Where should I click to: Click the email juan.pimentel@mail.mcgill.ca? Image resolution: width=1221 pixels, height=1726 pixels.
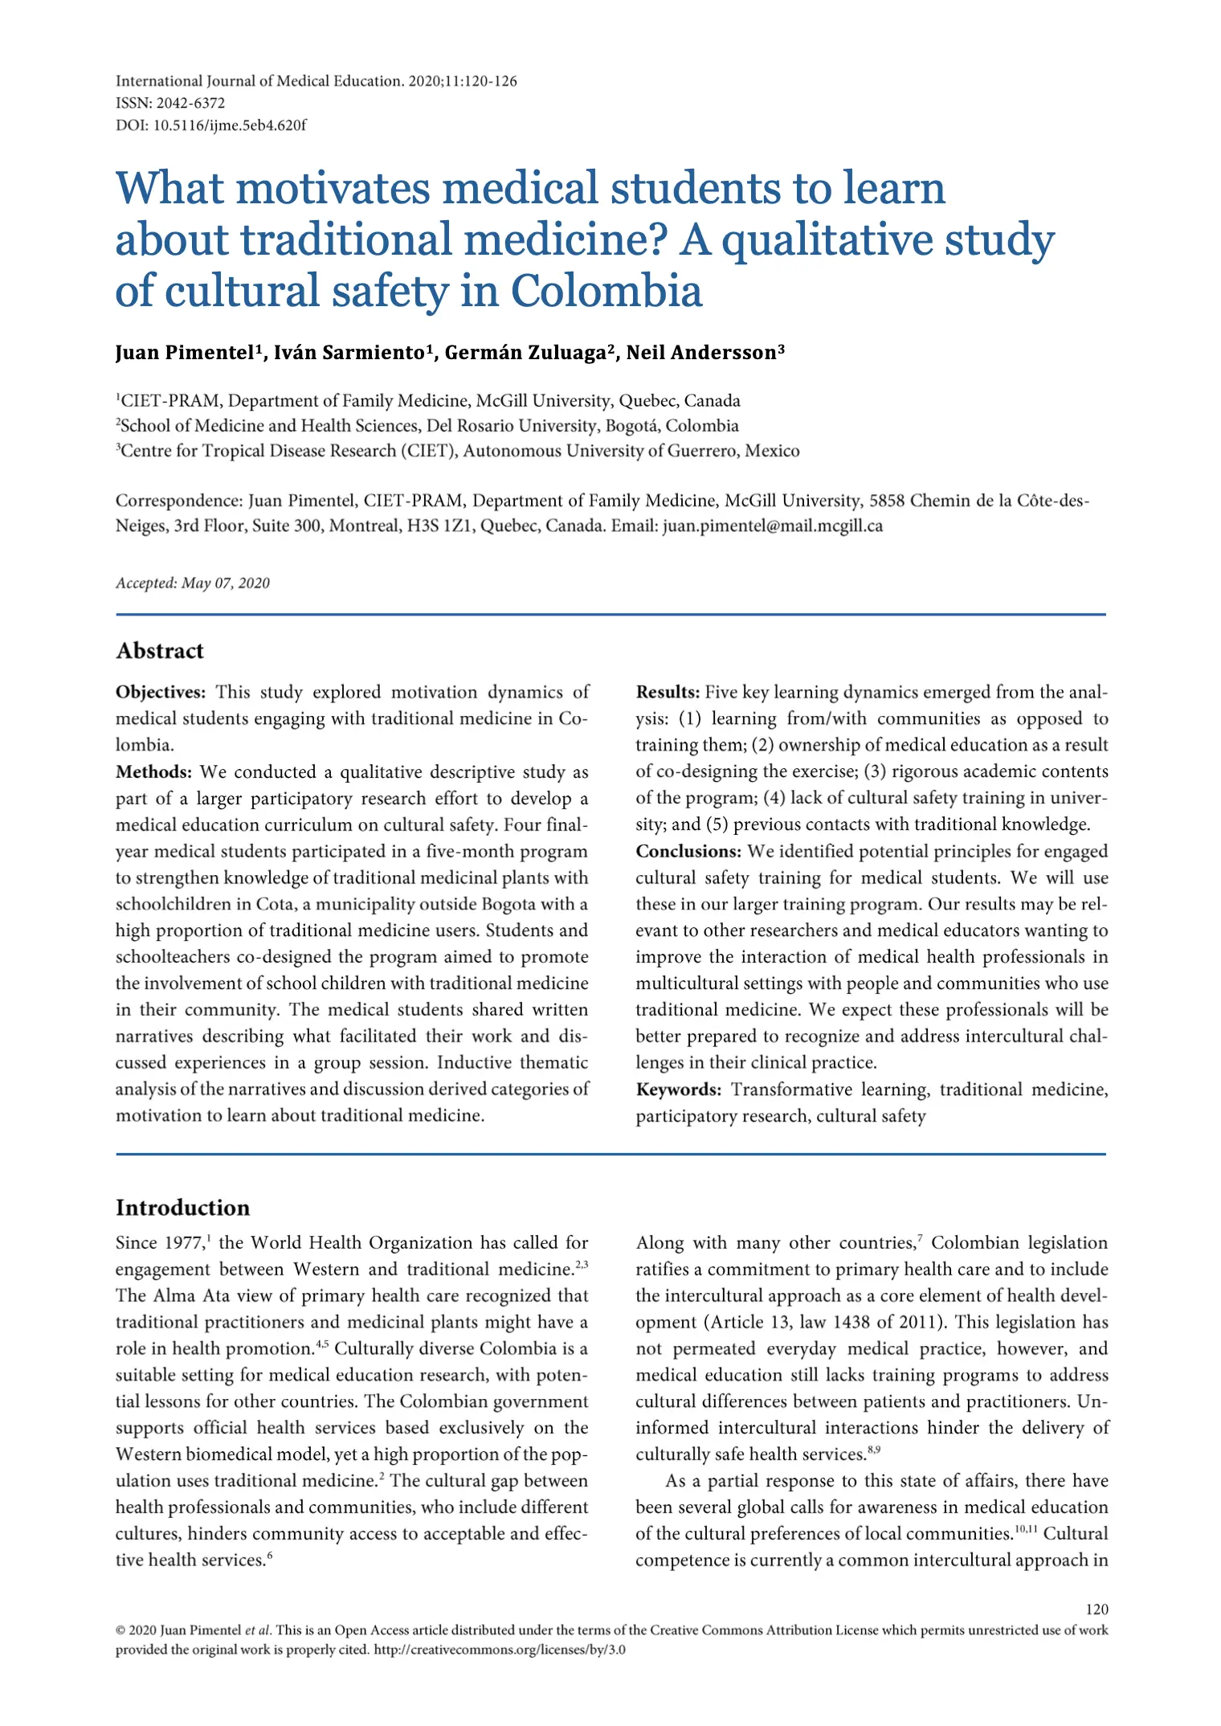coord(772,526)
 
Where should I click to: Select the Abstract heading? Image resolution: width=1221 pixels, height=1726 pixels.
coord(160,650)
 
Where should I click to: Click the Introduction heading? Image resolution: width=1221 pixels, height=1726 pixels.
coord(183,1208)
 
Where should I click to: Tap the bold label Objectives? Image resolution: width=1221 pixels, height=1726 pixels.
coord(161,692)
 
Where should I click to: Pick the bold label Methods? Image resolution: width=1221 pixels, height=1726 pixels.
coord(154,771)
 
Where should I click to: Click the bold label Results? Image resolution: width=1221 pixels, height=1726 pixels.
coord(668,692)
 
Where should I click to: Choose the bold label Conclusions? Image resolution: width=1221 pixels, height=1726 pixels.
coord(688,851)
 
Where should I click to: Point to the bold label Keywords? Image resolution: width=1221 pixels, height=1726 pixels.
coord(679,1090)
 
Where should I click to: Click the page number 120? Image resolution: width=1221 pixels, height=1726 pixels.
coord(1096,1609)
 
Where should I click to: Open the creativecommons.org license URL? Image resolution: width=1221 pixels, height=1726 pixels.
coord(500,1650)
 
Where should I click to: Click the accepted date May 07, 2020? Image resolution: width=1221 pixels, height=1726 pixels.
coord(226,583)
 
